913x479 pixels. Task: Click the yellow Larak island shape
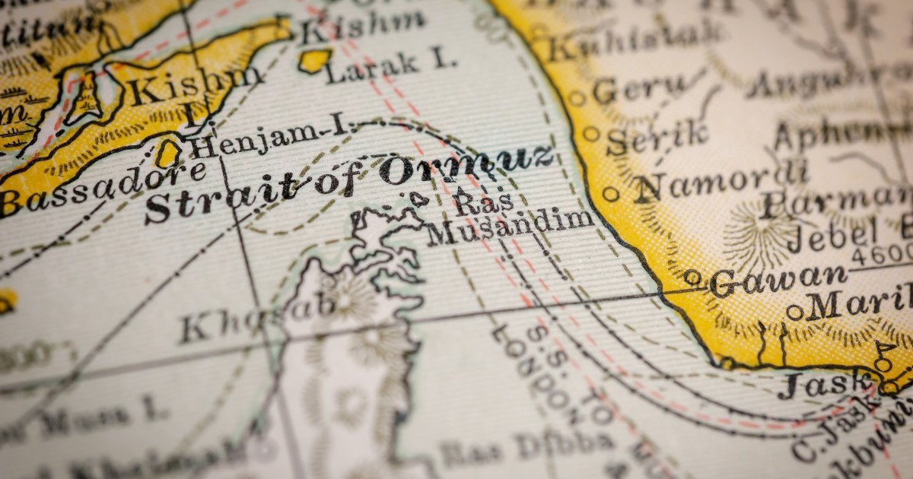coord(315,60)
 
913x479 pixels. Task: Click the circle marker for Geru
coord(577,98)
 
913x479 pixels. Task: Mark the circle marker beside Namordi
coord(610,194)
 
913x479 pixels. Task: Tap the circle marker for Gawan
coord(692,278)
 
